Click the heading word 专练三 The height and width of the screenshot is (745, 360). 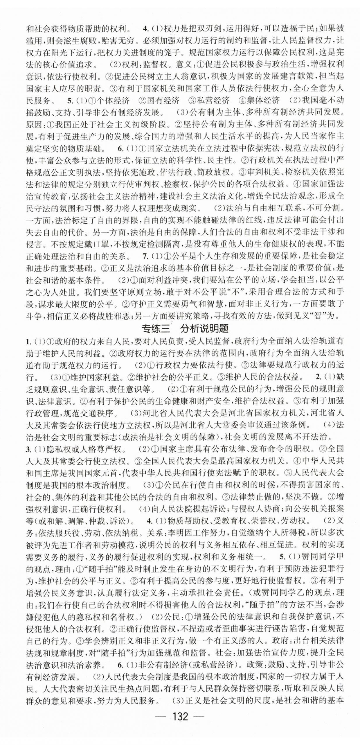point(155,328)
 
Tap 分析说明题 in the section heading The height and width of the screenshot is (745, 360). point(204,328)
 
